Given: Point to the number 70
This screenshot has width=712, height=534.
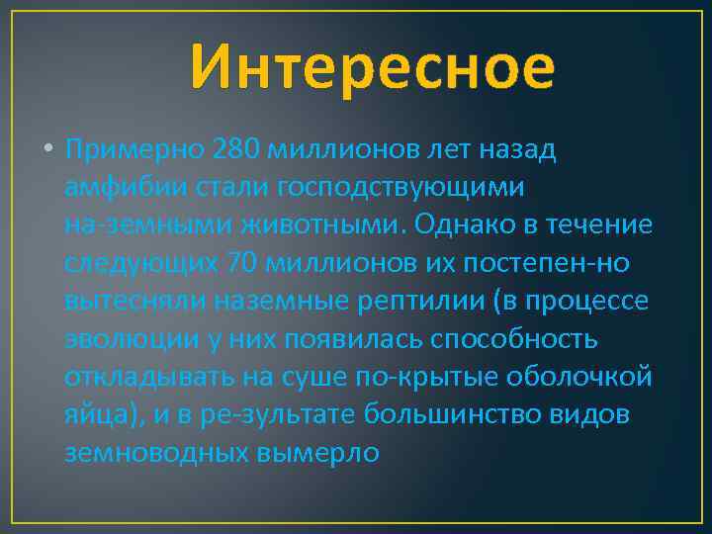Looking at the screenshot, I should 248,263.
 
